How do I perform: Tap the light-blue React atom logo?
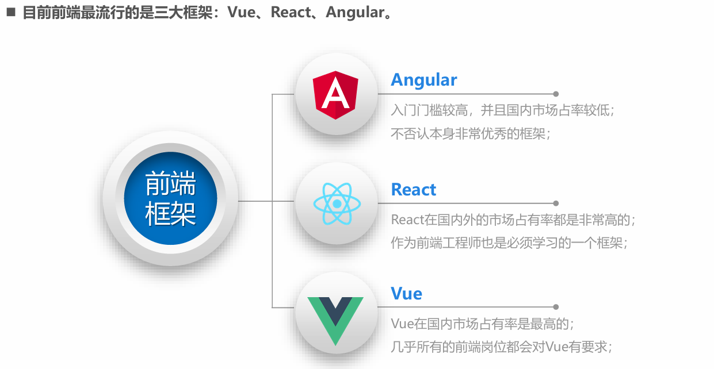[x=337, y=203]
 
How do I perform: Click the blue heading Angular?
[x=424, y=80]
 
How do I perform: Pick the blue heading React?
[x=414, y=190]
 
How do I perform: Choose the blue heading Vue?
[x=407, y=294]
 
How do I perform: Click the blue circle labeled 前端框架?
[x=170, y=199]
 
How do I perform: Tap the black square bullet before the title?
[x=10, y=11]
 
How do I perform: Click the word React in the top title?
[x=291, y=13]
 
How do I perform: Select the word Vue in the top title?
[x=241, y=13]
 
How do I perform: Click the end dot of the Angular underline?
[x=556, y=94]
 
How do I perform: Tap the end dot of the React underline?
[x=556, y=203]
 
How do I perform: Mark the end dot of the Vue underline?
[x=556, y=307]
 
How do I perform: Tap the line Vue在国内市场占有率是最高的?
[x=483, y=324]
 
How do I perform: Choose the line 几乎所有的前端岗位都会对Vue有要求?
[x=501, y=347]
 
